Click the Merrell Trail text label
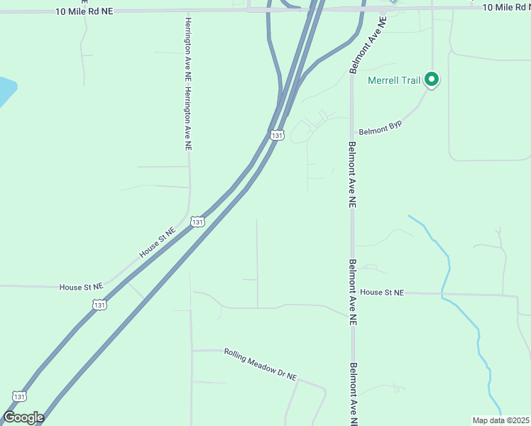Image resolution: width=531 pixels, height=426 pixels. coord(394,80)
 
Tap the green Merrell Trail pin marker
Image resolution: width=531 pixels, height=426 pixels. coord(432,80)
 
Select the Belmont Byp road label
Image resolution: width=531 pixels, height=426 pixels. coord(381,130)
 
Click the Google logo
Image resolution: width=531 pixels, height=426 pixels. coord(23,417)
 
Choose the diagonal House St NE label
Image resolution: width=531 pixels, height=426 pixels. coord(157,242)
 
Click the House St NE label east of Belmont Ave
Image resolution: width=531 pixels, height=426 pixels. coord(382,293)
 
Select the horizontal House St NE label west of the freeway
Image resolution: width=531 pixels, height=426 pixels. coord(81,287)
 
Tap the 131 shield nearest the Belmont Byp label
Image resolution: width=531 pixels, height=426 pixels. coord(277,134)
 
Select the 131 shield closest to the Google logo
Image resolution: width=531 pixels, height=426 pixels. coord(20,396)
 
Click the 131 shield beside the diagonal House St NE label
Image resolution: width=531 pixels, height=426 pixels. coord(198,222)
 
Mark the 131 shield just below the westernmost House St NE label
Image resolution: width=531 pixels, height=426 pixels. coord(99,305)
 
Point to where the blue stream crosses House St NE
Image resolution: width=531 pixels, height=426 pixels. coord(443,293)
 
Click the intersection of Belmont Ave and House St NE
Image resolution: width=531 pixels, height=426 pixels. coord(352,293)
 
